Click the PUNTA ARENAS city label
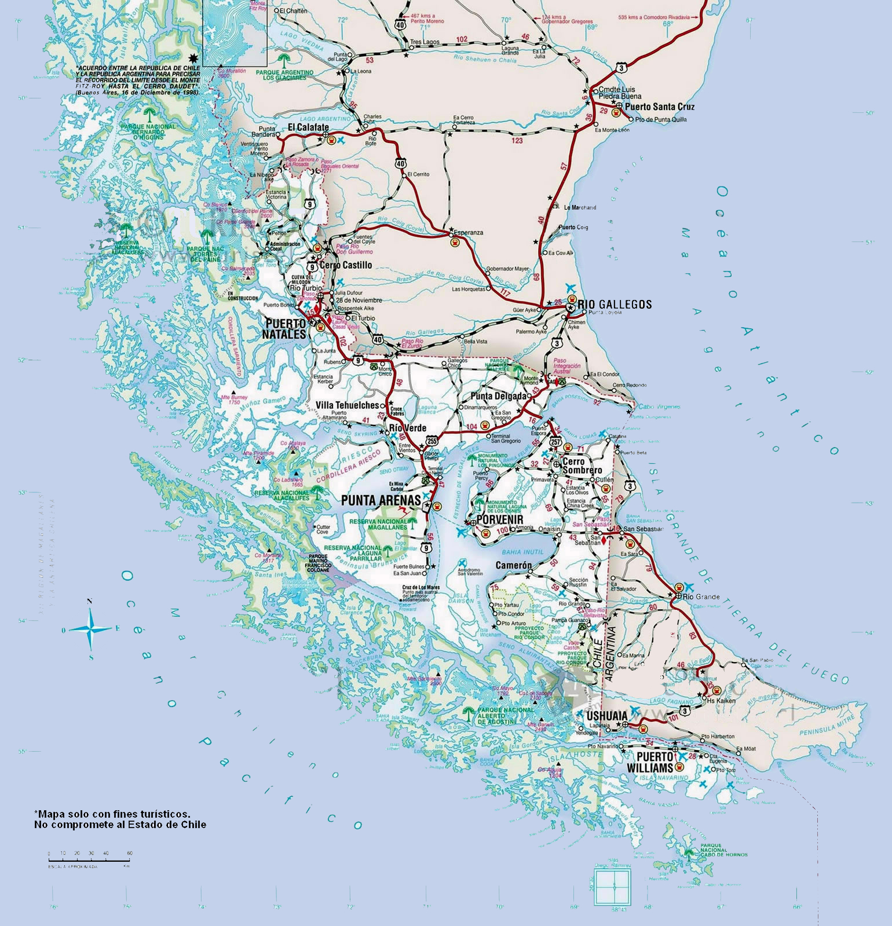pos(381,500)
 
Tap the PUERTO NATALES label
pos(286,329)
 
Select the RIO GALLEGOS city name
pos(615,304)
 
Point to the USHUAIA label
pos(606,716)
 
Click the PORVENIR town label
pos(500,519)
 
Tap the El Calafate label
pos(308,127)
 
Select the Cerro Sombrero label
pos(582,466)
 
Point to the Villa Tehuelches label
pos(348,405)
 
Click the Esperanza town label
pos(468,232)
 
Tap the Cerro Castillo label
pos(346,265)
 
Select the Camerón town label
pos(513,565)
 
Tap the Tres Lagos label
pos(425,42)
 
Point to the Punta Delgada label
pos(499,396)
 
